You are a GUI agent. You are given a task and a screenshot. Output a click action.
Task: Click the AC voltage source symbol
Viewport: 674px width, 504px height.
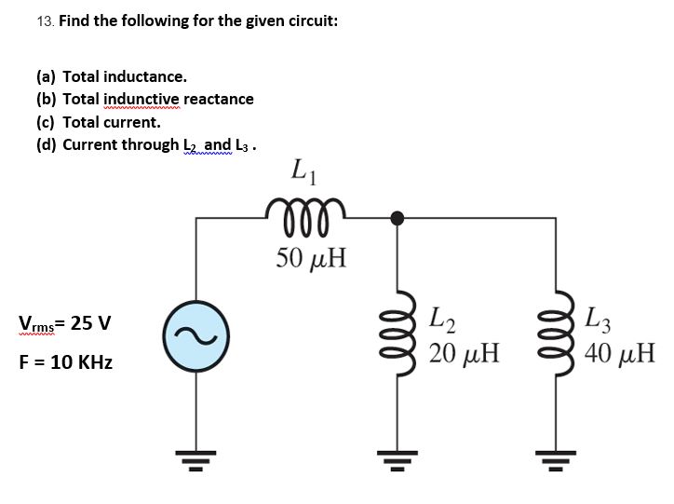coord(195,334)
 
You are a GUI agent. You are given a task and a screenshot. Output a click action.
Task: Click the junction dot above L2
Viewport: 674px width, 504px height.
coord(398,218)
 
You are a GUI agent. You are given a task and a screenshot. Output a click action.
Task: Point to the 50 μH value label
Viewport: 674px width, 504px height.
coord(311,257)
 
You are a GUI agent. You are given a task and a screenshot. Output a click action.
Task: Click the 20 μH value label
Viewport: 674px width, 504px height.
coord(465,354)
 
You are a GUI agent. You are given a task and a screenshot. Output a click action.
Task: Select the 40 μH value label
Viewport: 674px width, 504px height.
coord(623,354)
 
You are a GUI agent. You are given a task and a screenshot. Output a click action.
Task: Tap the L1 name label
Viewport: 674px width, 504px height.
coord(301,170)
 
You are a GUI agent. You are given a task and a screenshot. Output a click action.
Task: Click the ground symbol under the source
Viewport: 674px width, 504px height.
coord(195,456)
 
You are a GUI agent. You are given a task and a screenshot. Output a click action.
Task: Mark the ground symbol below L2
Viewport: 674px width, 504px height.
coord(398,456)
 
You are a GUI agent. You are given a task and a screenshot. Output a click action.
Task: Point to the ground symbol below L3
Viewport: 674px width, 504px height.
coord(560,456)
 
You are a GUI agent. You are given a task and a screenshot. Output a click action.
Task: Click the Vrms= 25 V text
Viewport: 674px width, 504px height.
coord(64,324)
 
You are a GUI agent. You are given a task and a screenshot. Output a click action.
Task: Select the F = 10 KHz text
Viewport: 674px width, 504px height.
coord(65,362)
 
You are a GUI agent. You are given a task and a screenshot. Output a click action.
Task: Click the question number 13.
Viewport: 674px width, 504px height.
coord(46,20)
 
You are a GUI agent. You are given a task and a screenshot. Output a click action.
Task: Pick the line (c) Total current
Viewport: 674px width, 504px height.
coord(98,121)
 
